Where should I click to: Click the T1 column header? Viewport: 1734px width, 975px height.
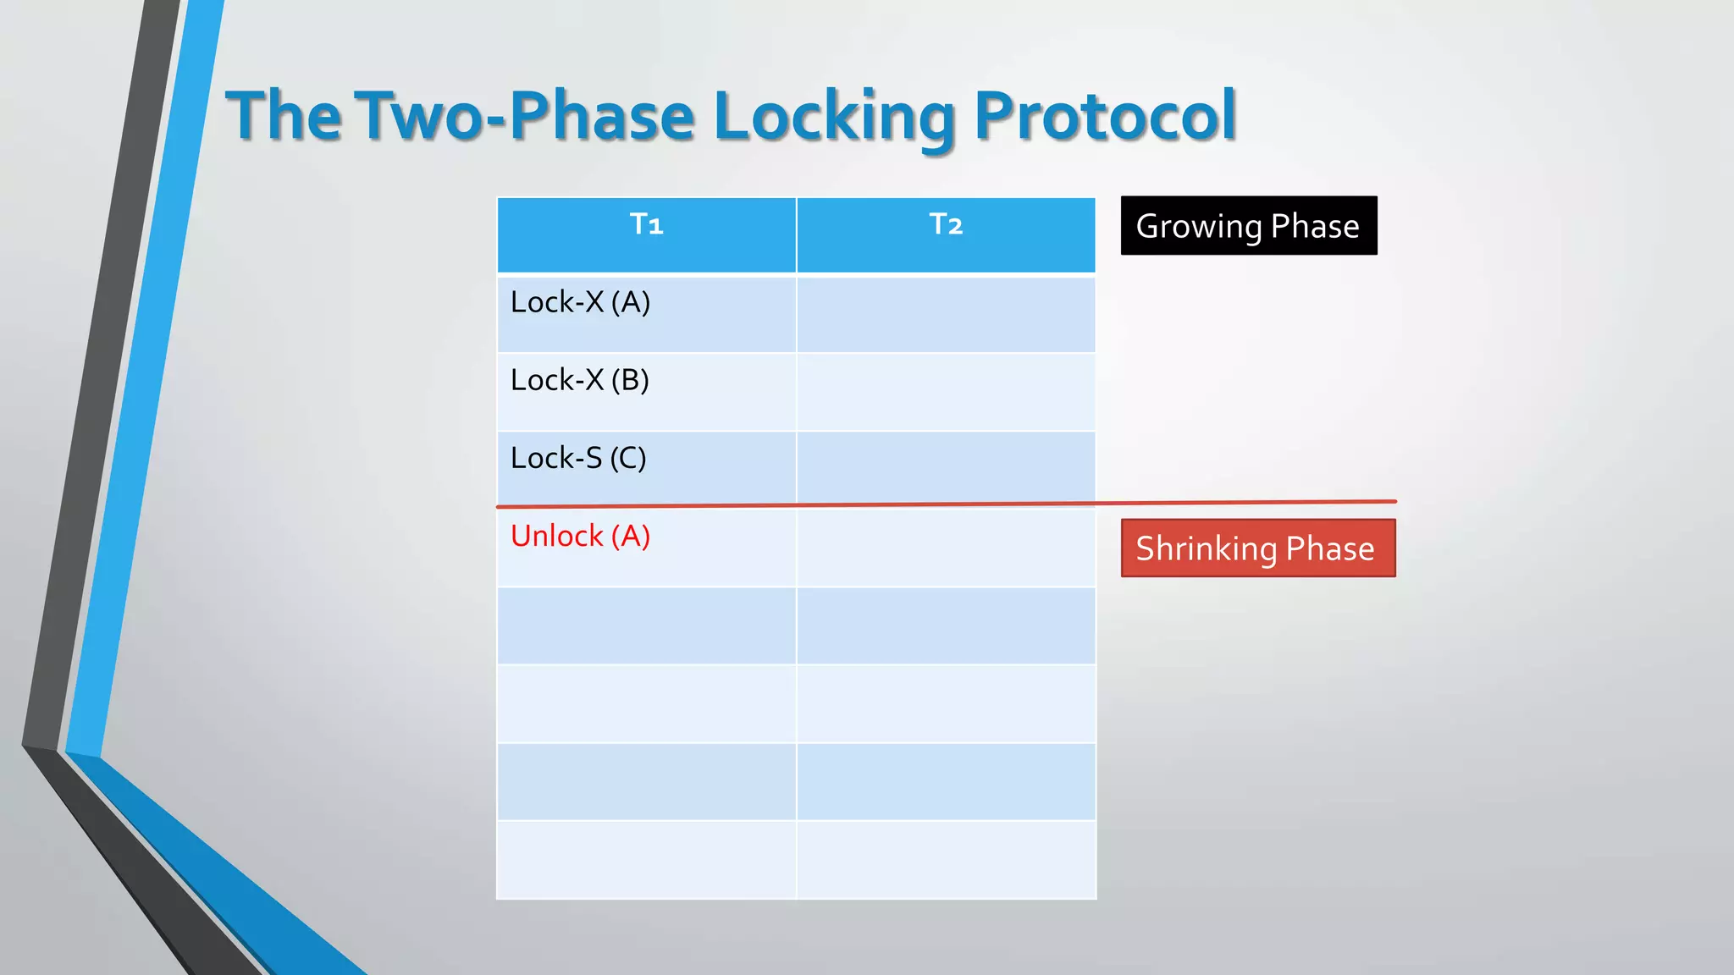tap(646, 225)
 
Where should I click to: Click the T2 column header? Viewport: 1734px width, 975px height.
tap(946, 225)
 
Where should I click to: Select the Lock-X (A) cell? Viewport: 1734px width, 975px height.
tap(581, 303)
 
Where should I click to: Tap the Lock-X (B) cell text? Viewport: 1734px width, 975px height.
tap(580, 381)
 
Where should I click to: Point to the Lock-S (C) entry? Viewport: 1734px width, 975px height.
tap(578, 459)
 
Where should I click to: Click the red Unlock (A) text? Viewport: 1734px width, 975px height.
tap(581, 537)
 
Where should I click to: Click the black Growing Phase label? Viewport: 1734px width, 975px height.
tap(1249, 226)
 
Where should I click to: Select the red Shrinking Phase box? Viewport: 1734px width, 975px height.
tap(1258, 548)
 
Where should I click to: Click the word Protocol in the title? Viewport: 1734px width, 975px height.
tap(1105, 116)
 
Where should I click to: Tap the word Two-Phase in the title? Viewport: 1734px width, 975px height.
tap(525, 116)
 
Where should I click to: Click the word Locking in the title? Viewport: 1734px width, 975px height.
tap(835, 116)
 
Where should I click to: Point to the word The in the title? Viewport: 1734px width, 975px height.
tap(283, 116)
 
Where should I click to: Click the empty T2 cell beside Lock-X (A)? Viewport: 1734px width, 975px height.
tap(946, 314)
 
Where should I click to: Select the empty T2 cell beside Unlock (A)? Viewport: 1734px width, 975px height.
tap(946, 548)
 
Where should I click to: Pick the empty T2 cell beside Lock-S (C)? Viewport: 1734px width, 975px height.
tap(946, 468)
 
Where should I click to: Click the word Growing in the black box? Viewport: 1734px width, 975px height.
tap(1199, 227)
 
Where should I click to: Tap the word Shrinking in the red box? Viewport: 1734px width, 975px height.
tap(1207, 549)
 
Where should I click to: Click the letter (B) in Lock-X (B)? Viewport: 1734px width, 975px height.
tap(630, 381)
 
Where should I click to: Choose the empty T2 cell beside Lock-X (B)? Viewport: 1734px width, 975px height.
tap(946, 392)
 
